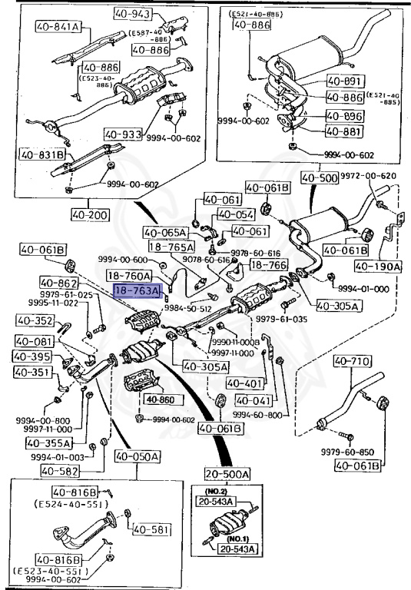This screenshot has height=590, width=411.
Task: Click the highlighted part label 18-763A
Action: click(x=137, y=291)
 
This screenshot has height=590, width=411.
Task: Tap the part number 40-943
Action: click(x=132, y=13)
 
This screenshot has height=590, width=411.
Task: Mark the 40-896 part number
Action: click(x=342, y=117)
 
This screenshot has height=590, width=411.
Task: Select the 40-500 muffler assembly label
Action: click(x=319, y=179)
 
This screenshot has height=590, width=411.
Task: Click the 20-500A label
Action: click(x=227, y=474)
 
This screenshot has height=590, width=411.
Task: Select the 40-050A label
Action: click(x=138, y=457)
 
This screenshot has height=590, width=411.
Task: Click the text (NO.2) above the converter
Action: click(x=218, y=489)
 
